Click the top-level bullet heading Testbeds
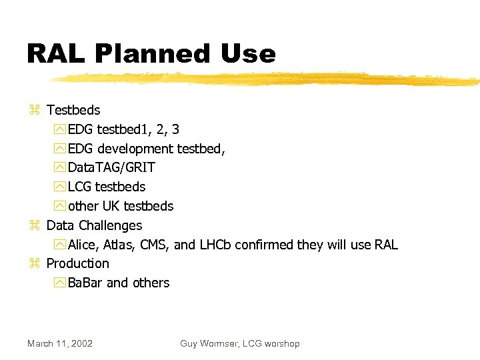click(73, 109)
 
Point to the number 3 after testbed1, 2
click(175, 129)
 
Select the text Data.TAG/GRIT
click(111, 167)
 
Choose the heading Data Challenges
click(94, 225)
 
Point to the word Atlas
click(121, 245)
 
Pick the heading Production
click(77, 263)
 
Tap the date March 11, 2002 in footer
click(60, 343)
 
